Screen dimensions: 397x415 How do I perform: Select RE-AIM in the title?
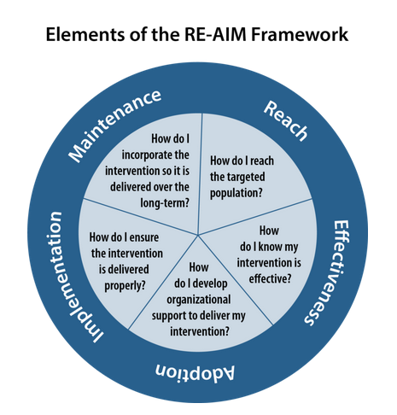click(x=215, y=34)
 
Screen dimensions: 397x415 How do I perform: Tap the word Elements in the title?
click(x=85, y=34)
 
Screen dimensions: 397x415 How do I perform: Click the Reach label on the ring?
click(x=285, y=121)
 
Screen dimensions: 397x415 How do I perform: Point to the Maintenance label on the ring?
click(x=114, y=126)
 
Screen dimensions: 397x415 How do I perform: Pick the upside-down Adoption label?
click(x=195, y=372)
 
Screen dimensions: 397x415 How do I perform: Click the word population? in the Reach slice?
click(x=236, y=193)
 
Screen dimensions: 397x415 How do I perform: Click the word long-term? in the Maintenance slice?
click(x=165, y=203)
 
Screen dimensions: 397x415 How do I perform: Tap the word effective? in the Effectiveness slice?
click(x=270, y=278)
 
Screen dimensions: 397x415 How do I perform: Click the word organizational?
click(x=199, y=300)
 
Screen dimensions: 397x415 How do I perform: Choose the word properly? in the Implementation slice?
click(x=125, y=285)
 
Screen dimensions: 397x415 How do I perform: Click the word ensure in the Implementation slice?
click(x=144, y=237)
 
